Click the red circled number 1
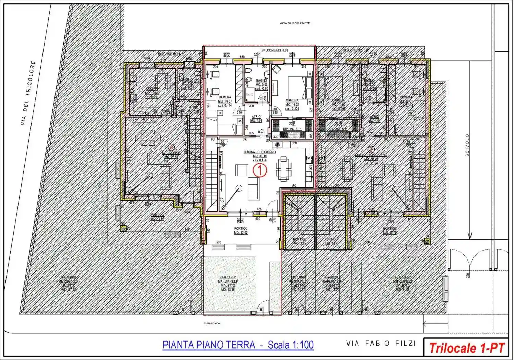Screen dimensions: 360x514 pyautogui.click(x=260, y=170)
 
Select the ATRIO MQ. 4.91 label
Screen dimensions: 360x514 pyautogui.click(x=256, y=119)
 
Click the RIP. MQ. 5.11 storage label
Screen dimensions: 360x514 pyautogui.click(x=292, y=129)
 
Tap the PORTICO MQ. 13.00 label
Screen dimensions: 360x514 pyautogui.click(x=241, y=231)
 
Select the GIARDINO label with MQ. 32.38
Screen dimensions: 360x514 pyautogui.click(x=228, y=283)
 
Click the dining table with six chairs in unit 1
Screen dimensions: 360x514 pyautogui.click(x=283, y=169)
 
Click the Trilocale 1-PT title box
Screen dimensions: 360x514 pyautogui.click(x=467, y=348)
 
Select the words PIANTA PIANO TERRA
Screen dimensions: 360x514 pyautogui.click(x=209, y=345)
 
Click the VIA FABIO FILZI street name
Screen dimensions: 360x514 pyautogui.click(x=381, y=343)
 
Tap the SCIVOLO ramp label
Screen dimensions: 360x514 pyautogui.click(x=467, y=145)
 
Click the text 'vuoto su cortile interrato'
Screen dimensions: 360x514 pyautogui.click(x=295, y=23)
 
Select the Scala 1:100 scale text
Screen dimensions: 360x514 pyautogui.click(x=291, y=345)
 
